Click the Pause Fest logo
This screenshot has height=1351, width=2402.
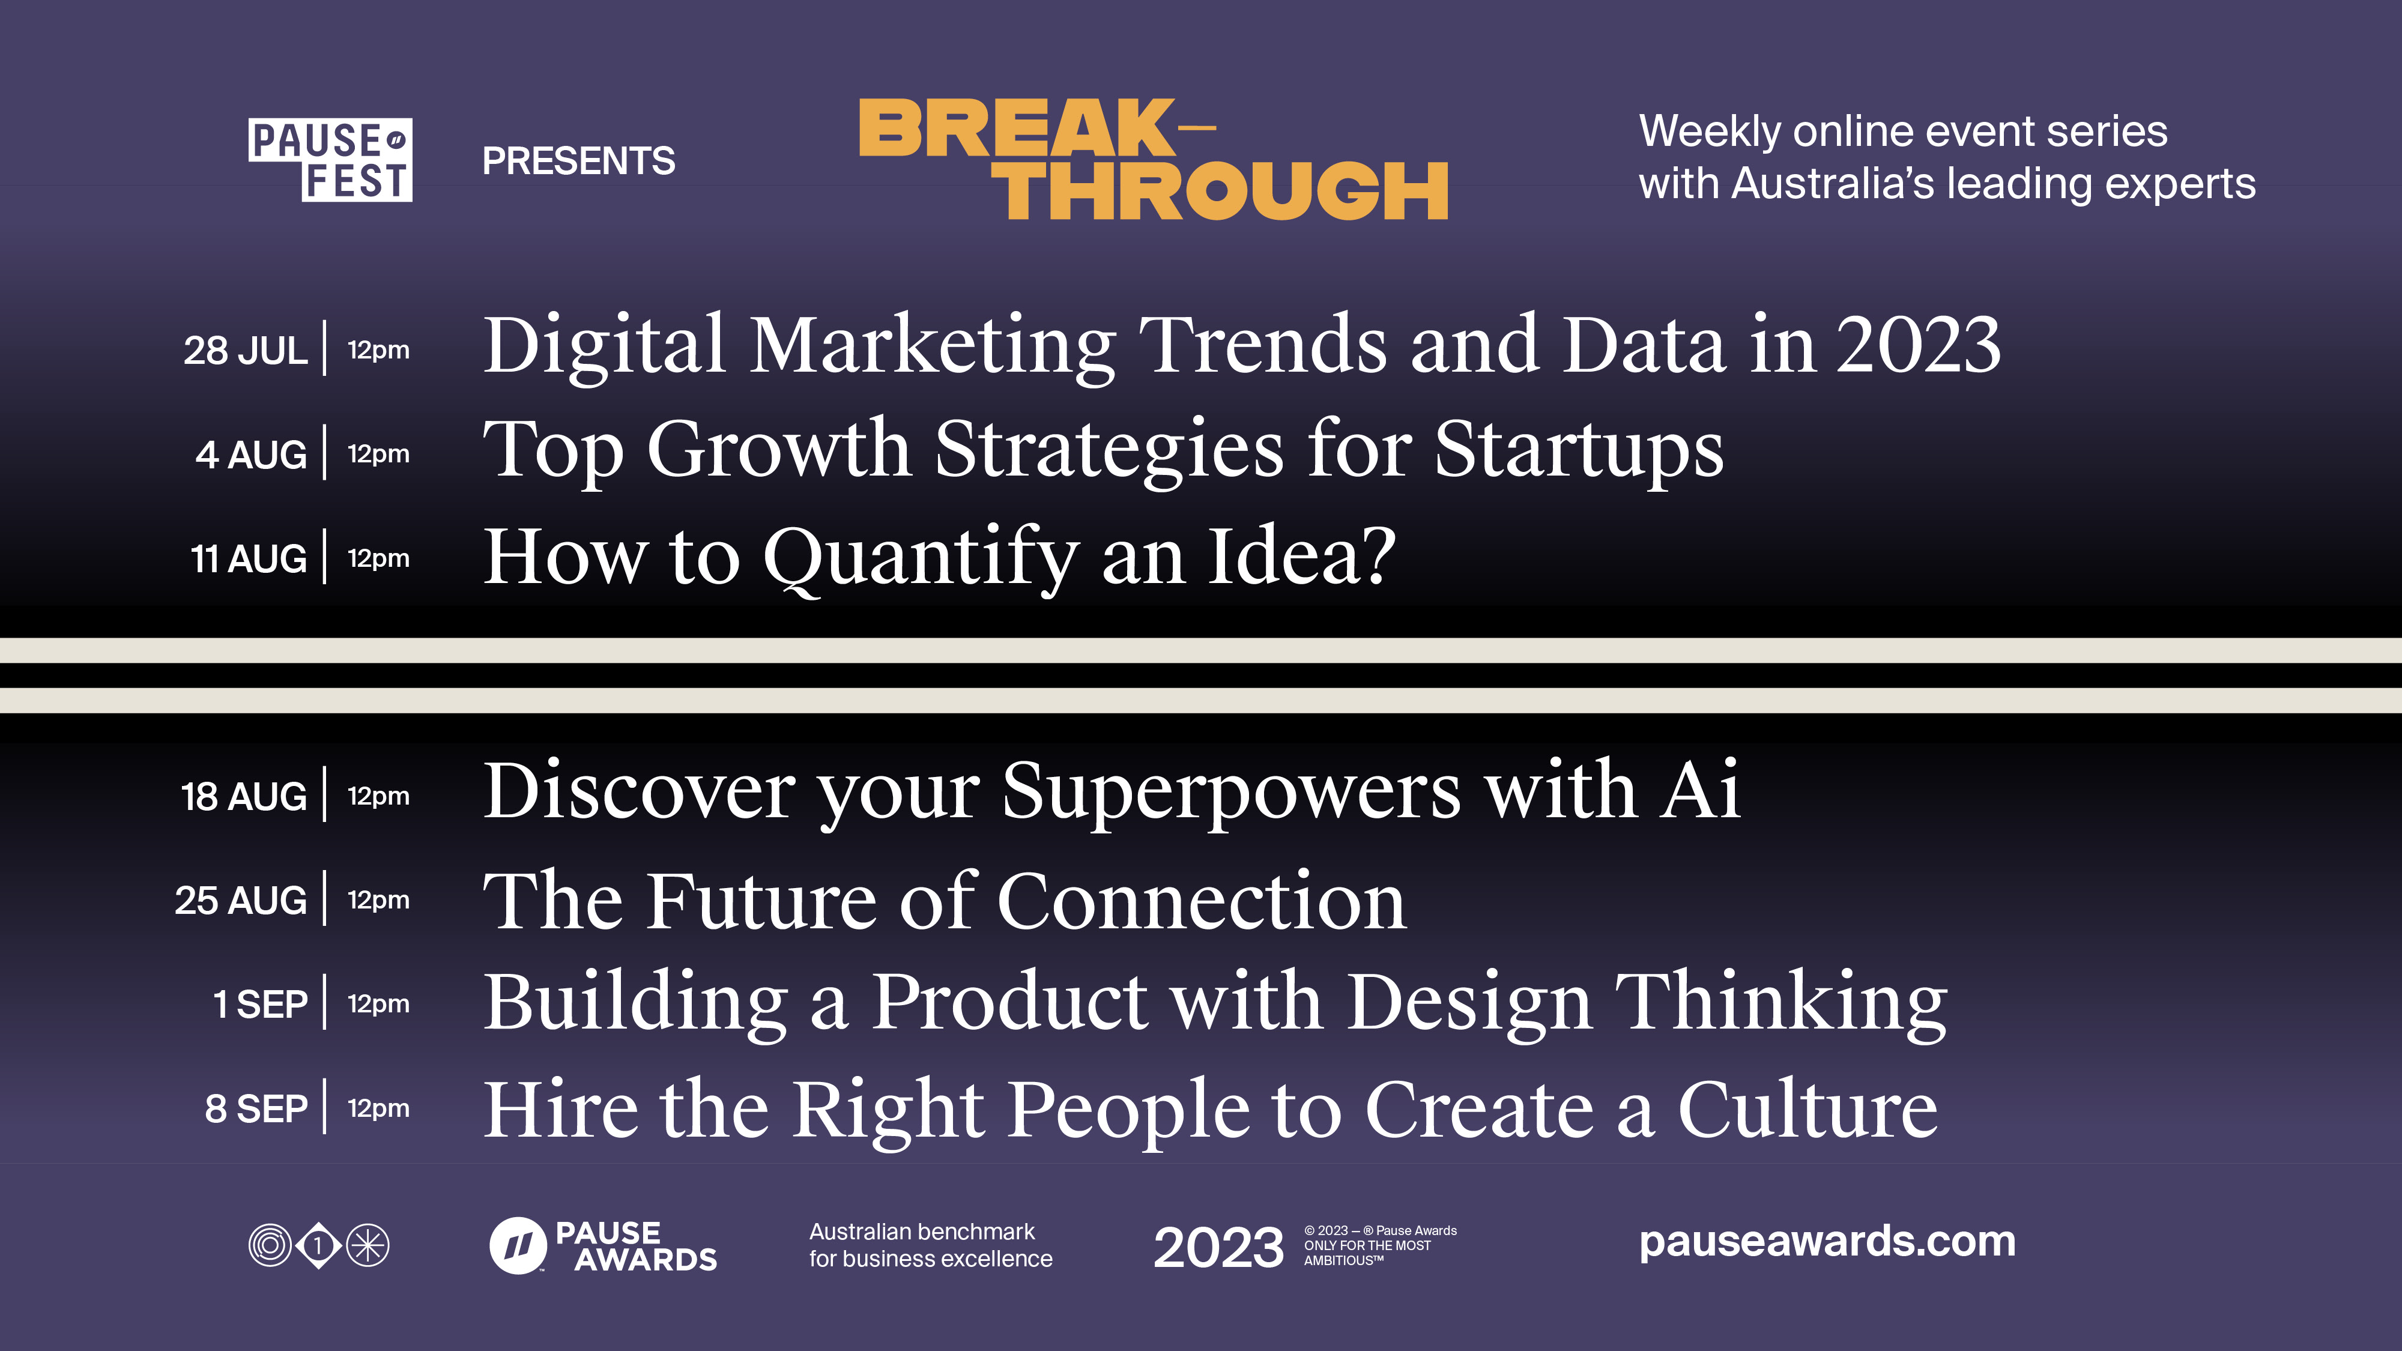(x=330, y=160)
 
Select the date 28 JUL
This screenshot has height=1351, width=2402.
(x=245, y=351)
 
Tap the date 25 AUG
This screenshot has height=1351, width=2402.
(x=241, y=901)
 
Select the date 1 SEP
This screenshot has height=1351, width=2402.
(x=260, y=1005)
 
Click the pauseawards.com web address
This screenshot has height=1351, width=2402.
(x=1827, y=1242)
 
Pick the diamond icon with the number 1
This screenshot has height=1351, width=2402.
(x=319, y=1246)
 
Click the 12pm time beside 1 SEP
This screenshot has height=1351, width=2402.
(x=378, y=1004)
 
